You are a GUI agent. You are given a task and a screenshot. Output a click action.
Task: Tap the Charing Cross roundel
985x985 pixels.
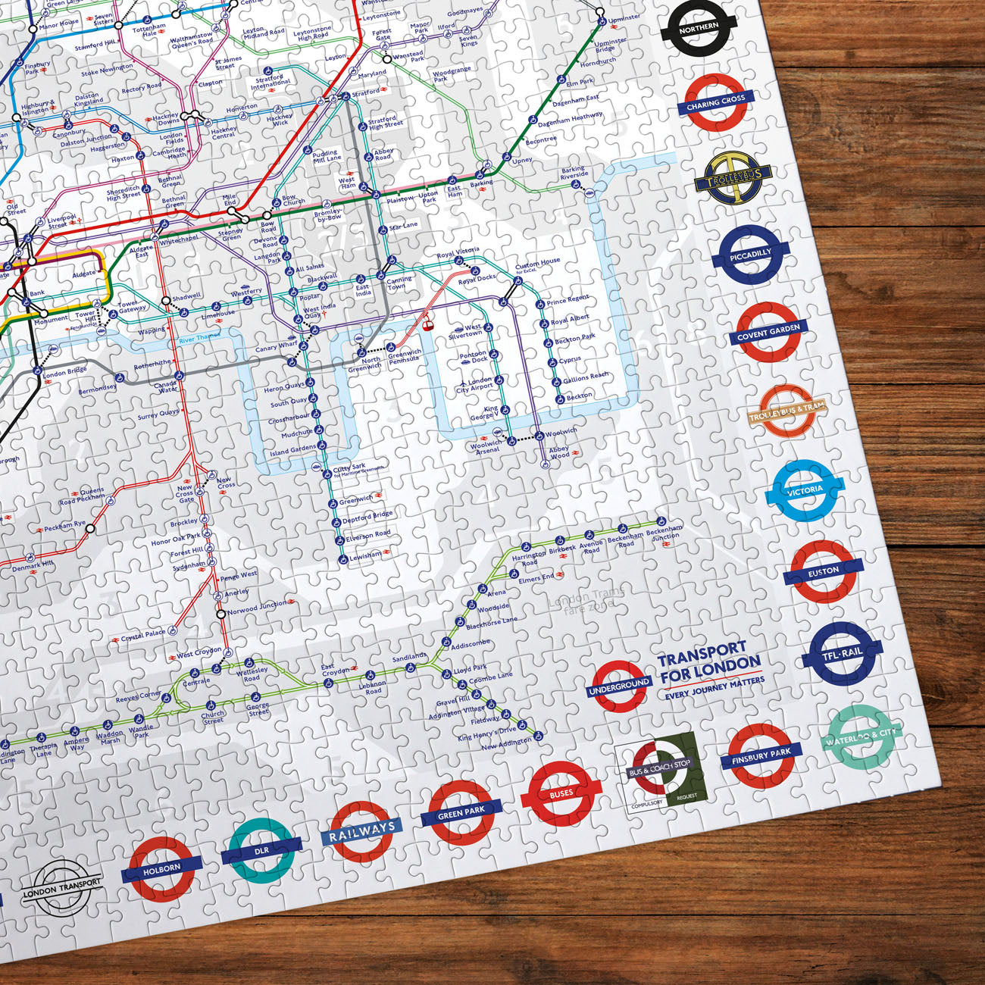[716, 102]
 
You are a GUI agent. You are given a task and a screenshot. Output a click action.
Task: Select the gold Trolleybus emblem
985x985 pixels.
[733, 177]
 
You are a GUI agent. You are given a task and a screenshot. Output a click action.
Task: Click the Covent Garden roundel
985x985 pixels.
[768, 333]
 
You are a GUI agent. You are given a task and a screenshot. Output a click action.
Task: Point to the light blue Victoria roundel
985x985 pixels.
[805, 491]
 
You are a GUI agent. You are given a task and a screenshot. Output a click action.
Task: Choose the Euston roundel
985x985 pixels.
[824, 571]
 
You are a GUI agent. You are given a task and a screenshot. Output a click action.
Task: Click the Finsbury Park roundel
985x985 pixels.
[761, 755]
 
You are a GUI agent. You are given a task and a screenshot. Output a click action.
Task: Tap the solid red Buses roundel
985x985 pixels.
[561, 793]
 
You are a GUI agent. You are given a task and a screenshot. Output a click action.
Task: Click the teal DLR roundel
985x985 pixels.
[261, 851]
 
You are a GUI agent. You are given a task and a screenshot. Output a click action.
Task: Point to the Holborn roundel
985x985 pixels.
[162, 868]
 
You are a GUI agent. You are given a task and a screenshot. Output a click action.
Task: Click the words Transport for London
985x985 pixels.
[708, 659]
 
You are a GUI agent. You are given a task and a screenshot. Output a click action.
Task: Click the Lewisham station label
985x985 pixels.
[366, 555]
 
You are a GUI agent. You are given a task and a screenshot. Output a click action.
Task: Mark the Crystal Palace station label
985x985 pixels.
[143, 634]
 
